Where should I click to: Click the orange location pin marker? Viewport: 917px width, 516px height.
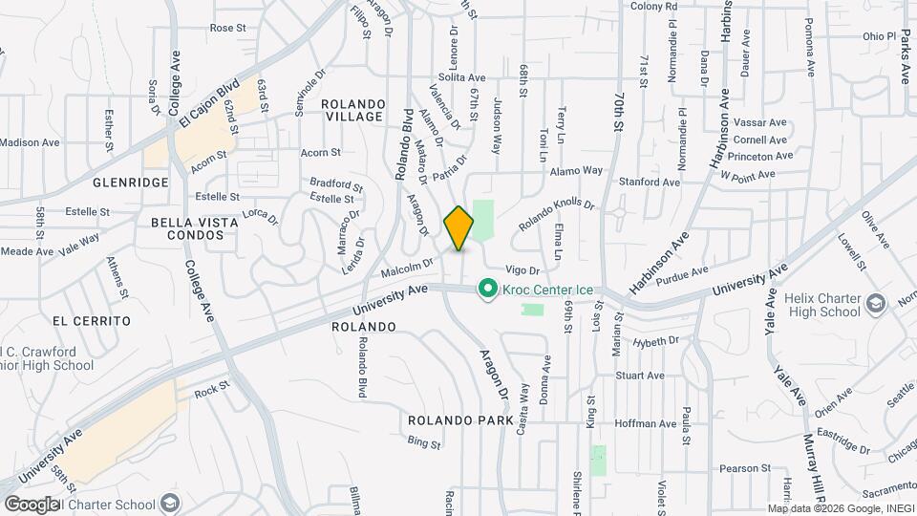459,227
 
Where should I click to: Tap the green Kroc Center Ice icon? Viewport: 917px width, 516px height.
487,288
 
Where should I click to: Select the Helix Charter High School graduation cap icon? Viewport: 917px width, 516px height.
875,305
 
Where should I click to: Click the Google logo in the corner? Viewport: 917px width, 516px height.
32,504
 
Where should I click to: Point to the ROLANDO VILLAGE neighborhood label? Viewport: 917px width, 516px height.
352,110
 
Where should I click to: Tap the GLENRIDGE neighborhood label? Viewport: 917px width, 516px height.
131,182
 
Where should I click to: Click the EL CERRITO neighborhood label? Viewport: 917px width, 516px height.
92,321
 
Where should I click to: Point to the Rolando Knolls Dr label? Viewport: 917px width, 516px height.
556,215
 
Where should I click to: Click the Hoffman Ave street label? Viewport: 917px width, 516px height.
645,423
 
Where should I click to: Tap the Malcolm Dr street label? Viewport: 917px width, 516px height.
407,267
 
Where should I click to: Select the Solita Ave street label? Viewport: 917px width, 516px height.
462,77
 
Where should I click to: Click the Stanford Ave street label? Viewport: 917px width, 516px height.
649,182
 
